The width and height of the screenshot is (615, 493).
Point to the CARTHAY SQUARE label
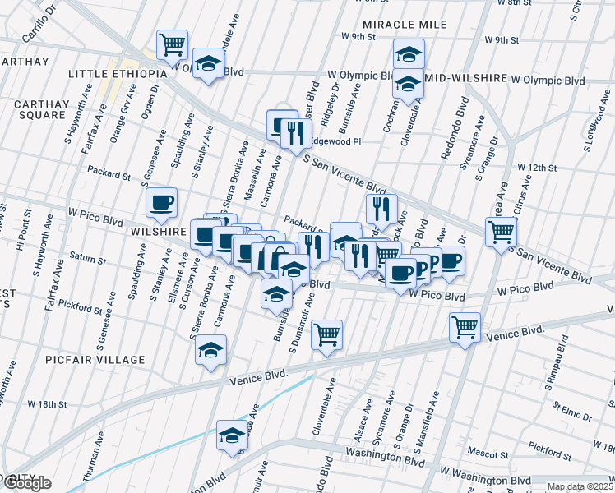pyautogui.click(x=39, y=109)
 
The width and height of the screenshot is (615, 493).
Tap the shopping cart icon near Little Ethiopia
pyautogui.click(x=172, y=44)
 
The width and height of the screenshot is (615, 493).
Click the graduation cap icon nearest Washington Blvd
pyautogui.click(x=232, y=435)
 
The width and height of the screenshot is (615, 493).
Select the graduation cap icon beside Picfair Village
pyautogui.click(x=210, y=350)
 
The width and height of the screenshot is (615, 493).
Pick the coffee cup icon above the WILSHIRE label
pyautogui.click(x=161, y=202)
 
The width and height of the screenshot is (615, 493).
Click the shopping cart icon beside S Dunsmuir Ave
pyautogui.click(x=327, y=334)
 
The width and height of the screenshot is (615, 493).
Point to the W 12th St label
pyautogui.click(x=537, y=168)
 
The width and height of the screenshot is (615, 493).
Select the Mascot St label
pyautogui.click(x=488, y=452)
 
